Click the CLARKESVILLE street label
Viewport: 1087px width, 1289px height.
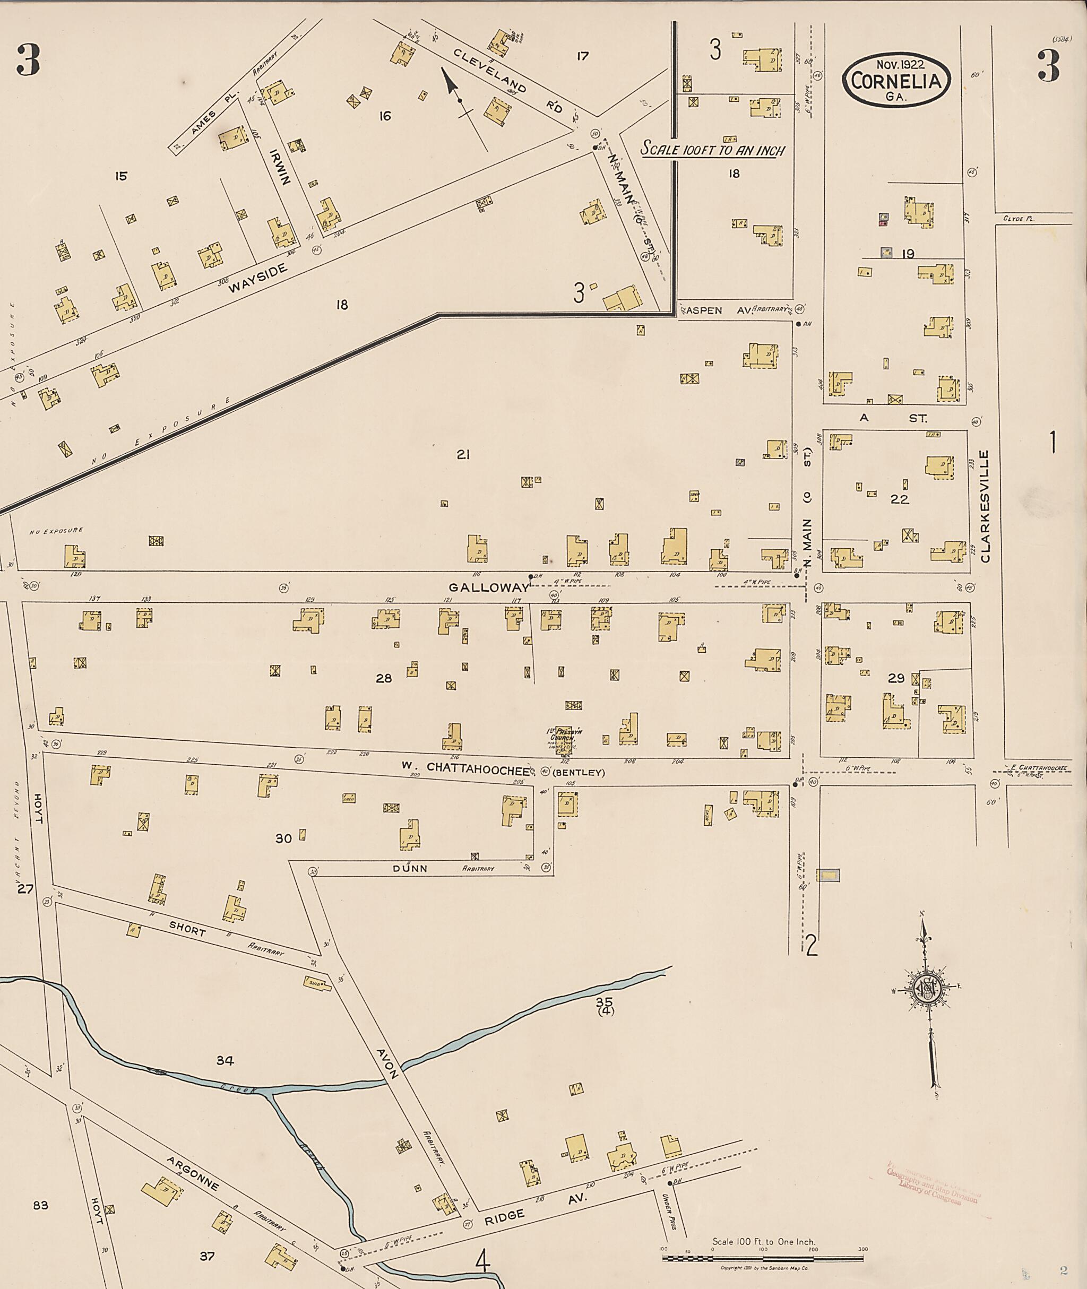[x=984, y=506]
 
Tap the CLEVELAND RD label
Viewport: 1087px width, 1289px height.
[x=508, y=80]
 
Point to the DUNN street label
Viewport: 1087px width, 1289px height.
[x=410, y=868]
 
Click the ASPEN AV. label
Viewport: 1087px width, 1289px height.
[x=715, y=310]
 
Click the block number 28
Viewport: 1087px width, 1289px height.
[x=384, y=678]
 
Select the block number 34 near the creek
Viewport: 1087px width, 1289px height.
[x=225, y=1060]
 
